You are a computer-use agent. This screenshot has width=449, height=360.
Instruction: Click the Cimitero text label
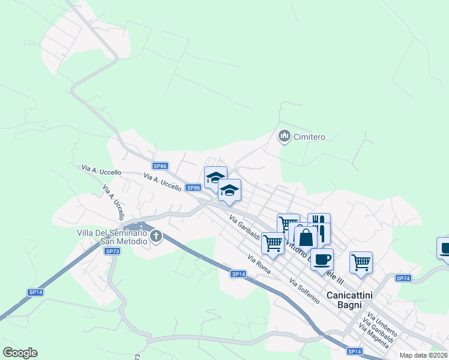[309, 137]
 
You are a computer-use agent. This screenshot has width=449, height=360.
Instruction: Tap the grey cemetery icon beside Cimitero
[284, 137]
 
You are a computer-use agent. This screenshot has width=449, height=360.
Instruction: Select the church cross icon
[156, 236]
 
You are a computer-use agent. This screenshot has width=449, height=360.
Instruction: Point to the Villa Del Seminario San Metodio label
[112, 236]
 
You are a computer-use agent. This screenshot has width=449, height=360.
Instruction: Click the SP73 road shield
[112, 251]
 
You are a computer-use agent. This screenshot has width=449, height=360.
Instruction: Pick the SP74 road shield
[403, 278]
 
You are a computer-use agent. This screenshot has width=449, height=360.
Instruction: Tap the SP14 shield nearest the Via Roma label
[238, 274]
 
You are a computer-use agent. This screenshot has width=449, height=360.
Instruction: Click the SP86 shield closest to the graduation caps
[193, 188]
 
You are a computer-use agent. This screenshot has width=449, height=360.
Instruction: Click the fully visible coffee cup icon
[322, 259]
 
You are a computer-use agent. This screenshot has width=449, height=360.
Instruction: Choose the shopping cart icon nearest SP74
[361, 262]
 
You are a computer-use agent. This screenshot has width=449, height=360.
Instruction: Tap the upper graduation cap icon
[215, 177]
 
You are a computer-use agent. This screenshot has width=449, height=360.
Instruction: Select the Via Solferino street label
[304, 290]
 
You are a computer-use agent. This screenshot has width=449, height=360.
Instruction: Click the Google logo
[20, 353]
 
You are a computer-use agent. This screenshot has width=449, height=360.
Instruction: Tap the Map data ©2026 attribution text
[423, 355]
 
